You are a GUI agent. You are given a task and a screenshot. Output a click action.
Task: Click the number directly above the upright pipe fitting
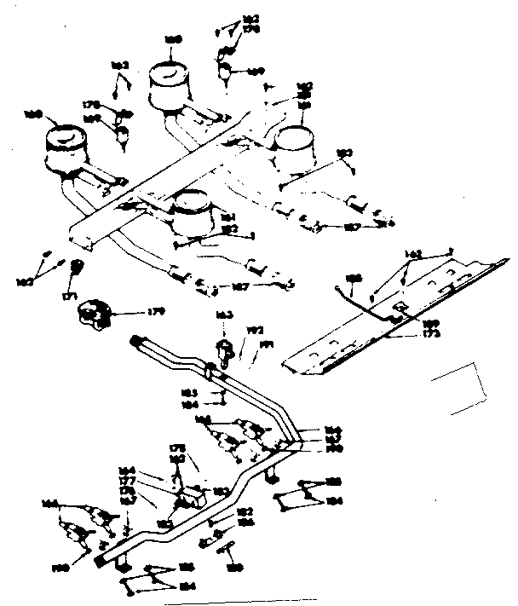tap(225, 316)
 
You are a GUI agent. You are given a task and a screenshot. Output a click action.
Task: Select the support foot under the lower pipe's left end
tap(124, 568)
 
